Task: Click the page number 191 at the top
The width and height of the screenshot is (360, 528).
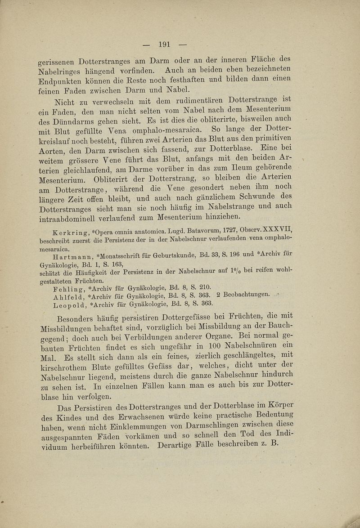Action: pos(163,44)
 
